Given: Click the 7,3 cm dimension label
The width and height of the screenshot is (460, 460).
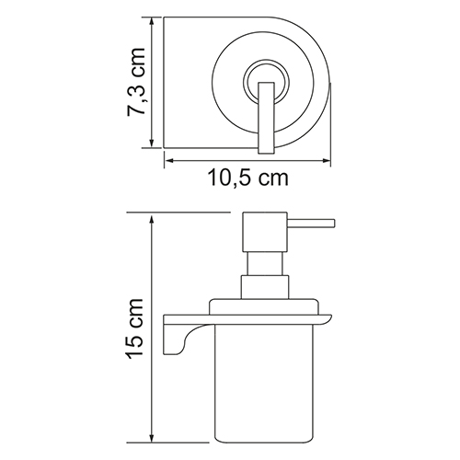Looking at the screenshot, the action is click(135, 82).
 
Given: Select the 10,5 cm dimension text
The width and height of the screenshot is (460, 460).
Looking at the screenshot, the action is click(248, 178).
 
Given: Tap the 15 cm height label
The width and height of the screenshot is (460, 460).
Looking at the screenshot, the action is click(134, 328).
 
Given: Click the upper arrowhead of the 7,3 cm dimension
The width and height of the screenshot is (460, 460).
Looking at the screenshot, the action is click(151, 22).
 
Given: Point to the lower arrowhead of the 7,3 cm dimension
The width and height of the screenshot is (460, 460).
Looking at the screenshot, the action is click(151, 143).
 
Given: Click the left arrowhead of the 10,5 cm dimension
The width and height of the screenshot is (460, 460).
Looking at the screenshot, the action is click(170, 160).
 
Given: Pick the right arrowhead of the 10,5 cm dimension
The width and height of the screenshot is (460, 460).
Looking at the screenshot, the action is click(325, 160).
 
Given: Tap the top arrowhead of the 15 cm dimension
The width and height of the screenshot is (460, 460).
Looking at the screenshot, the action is click(151, 221).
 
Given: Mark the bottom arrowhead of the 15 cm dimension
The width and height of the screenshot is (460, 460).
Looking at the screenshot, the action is click(151, 437).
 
